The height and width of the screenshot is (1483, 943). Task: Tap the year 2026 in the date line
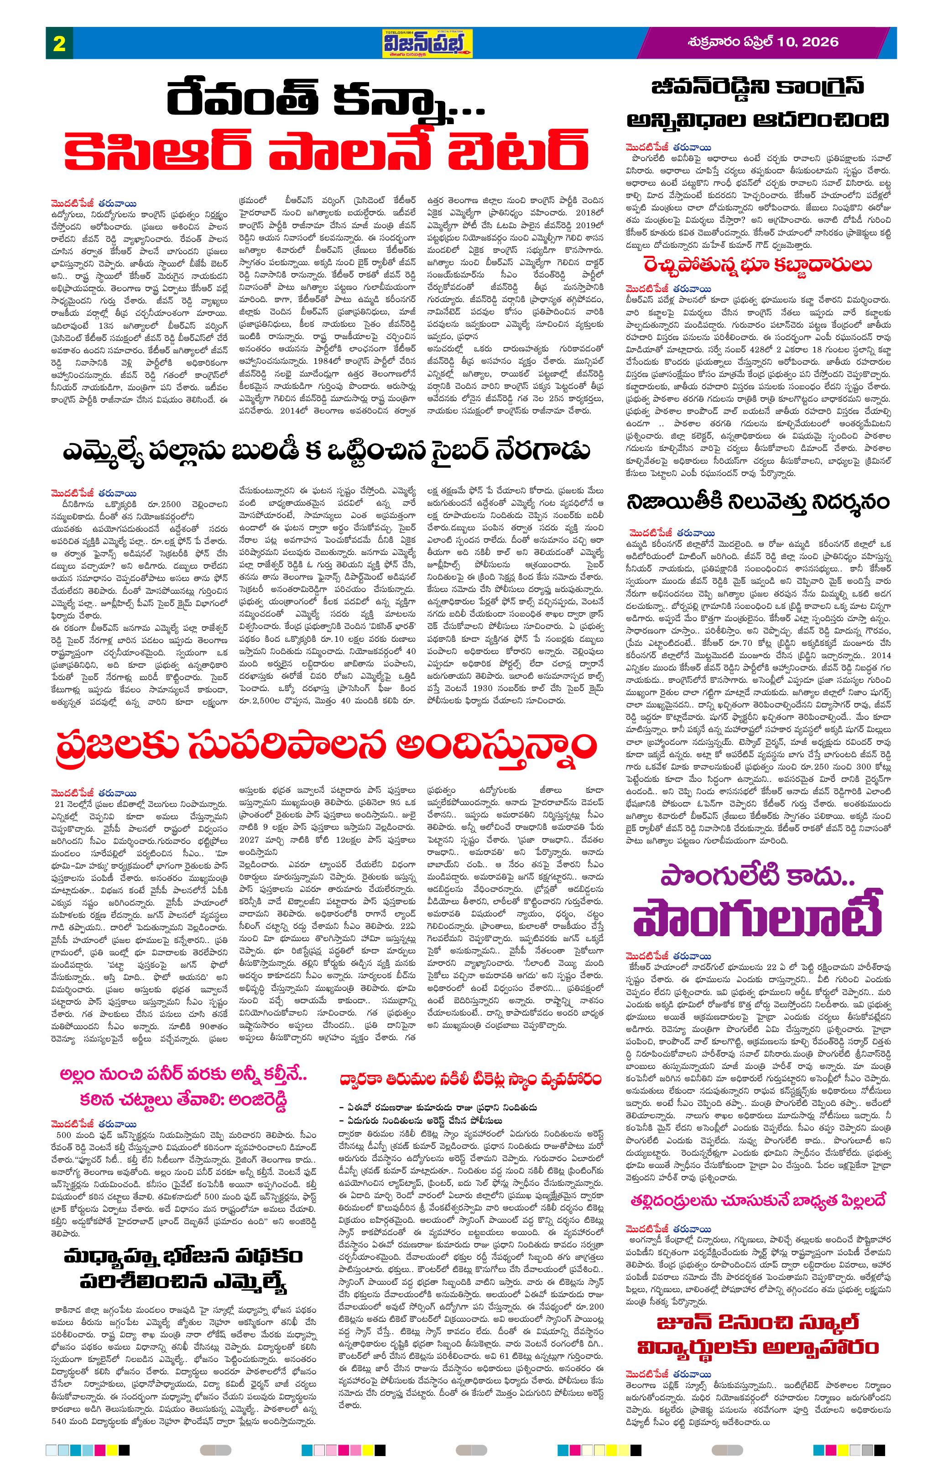[821, 42]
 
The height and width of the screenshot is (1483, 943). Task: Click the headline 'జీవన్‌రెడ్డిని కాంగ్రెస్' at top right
[758, 86]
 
